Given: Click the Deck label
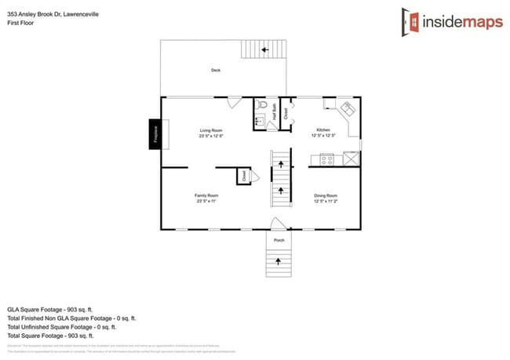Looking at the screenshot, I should click(x=216, y=71).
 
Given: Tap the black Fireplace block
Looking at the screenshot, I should click(x=155, y=133).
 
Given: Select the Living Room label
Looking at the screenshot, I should click(x=211, y=133).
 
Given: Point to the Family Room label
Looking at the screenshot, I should click(x=206, y=197).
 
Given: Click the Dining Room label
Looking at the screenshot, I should click(x=325, y=197).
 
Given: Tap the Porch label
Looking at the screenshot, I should click(x=279, y=239).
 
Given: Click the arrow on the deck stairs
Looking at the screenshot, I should click(x=264, y=49).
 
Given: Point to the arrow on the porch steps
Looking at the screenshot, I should click(x=278, y=260).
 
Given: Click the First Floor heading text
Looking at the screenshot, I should click(x=19, y=23).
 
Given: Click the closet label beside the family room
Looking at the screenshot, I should click(x=244, y=176).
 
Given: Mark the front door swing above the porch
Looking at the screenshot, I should click(x=276, y=223).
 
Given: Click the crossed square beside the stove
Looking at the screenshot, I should click(x=352, y=158).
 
